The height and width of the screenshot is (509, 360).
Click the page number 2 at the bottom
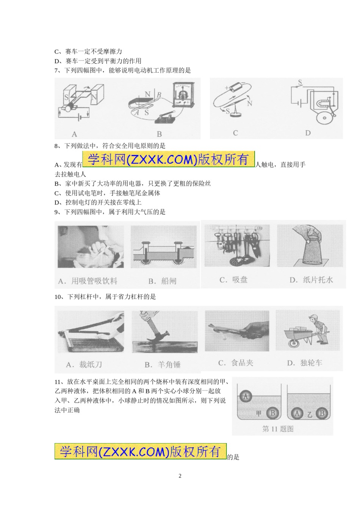tap(180, 476)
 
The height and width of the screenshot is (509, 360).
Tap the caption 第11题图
tap(278, 429)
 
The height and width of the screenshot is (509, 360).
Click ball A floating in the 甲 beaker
tap(246, 396)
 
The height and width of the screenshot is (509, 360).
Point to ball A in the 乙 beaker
tap(297, 414)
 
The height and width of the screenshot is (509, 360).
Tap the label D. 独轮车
tap(305, 363)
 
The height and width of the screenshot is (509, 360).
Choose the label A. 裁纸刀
tap(84, 365)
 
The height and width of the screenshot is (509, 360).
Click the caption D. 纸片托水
tap(311, 280)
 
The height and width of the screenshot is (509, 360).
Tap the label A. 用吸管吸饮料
tap(88, 281)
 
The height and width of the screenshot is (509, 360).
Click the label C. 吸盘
tap(233, 280)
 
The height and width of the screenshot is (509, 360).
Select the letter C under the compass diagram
tap(235, 133)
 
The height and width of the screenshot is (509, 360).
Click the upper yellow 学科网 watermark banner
tap(169, 159)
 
